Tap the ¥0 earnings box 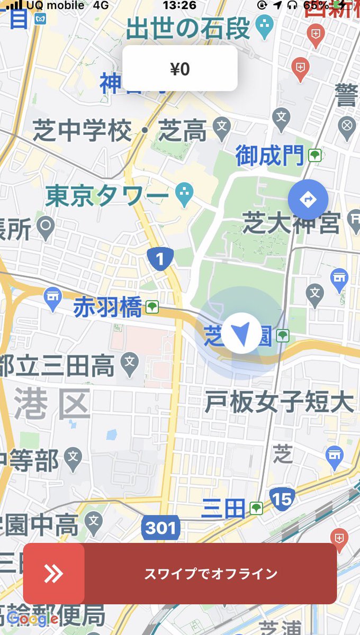point(180,68)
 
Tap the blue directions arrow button point(308,199)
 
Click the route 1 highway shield point(160,259)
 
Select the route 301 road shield point(160,528)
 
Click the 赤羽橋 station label point(107,307)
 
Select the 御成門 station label point(270,156)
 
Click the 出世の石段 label point(188,28)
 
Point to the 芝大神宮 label point(291,223)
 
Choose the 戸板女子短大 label point(279,403)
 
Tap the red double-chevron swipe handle point(53,574)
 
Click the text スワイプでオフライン point(211,574)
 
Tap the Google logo point(32,618)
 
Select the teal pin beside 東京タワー point(184,195)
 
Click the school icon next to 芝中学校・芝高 point(222,126)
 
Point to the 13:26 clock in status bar point(179,6)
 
